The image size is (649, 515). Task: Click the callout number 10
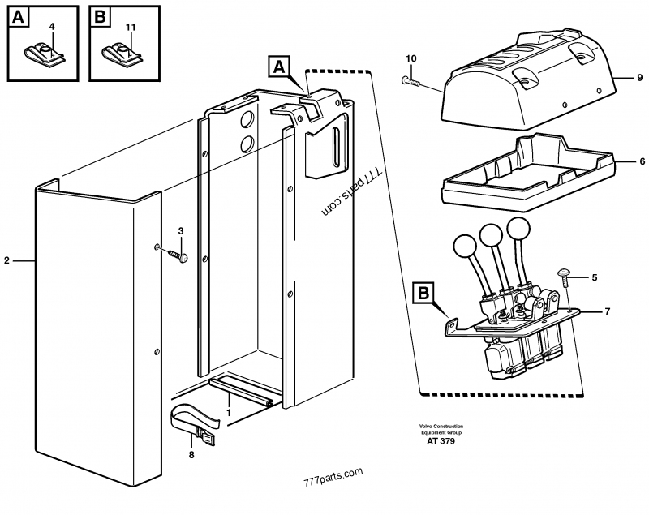pyautogui.click(x=410, y=58)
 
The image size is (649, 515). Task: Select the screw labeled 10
pyautogui.click(x=412, y=80)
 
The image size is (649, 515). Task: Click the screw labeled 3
pyautogui.click(x=178, y=255)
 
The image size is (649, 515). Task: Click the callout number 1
pyautogui.click(x=230, y=412)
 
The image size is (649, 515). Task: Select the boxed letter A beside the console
pyautogui.click(x=278, y=67)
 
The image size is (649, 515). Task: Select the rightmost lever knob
pyautogui.click(x=519, y=230)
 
